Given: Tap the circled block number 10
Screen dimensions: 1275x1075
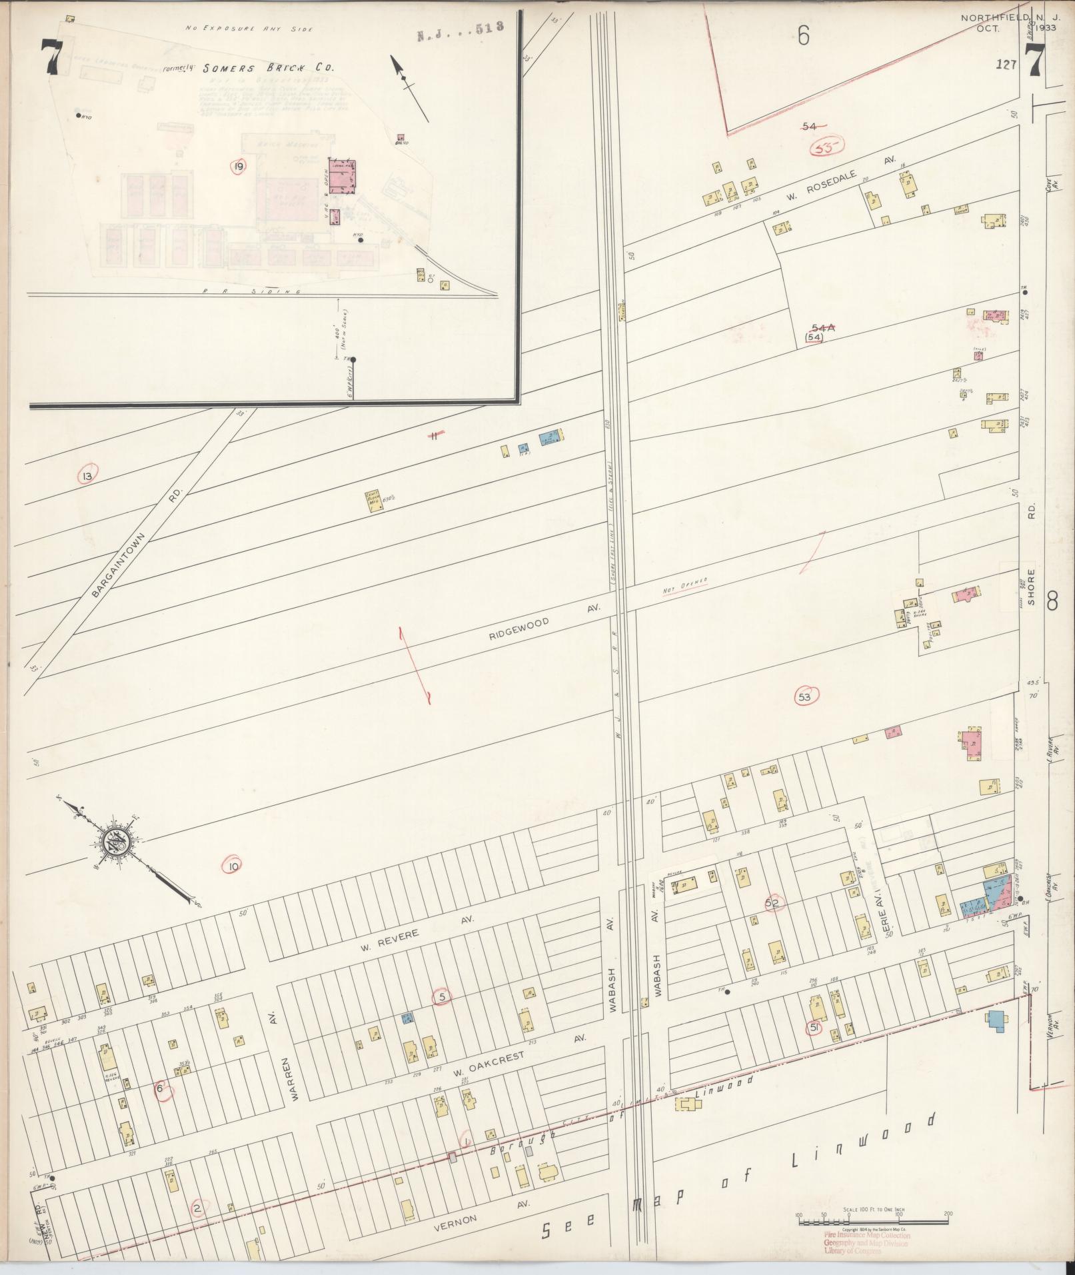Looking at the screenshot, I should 233,866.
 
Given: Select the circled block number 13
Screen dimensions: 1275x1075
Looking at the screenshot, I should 87,476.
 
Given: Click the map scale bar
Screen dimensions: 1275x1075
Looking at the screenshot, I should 873,1221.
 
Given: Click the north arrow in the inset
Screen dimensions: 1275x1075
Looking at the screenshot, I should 408,87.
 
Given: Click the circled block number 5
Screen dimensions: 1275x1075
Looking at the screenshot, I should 443,997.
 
